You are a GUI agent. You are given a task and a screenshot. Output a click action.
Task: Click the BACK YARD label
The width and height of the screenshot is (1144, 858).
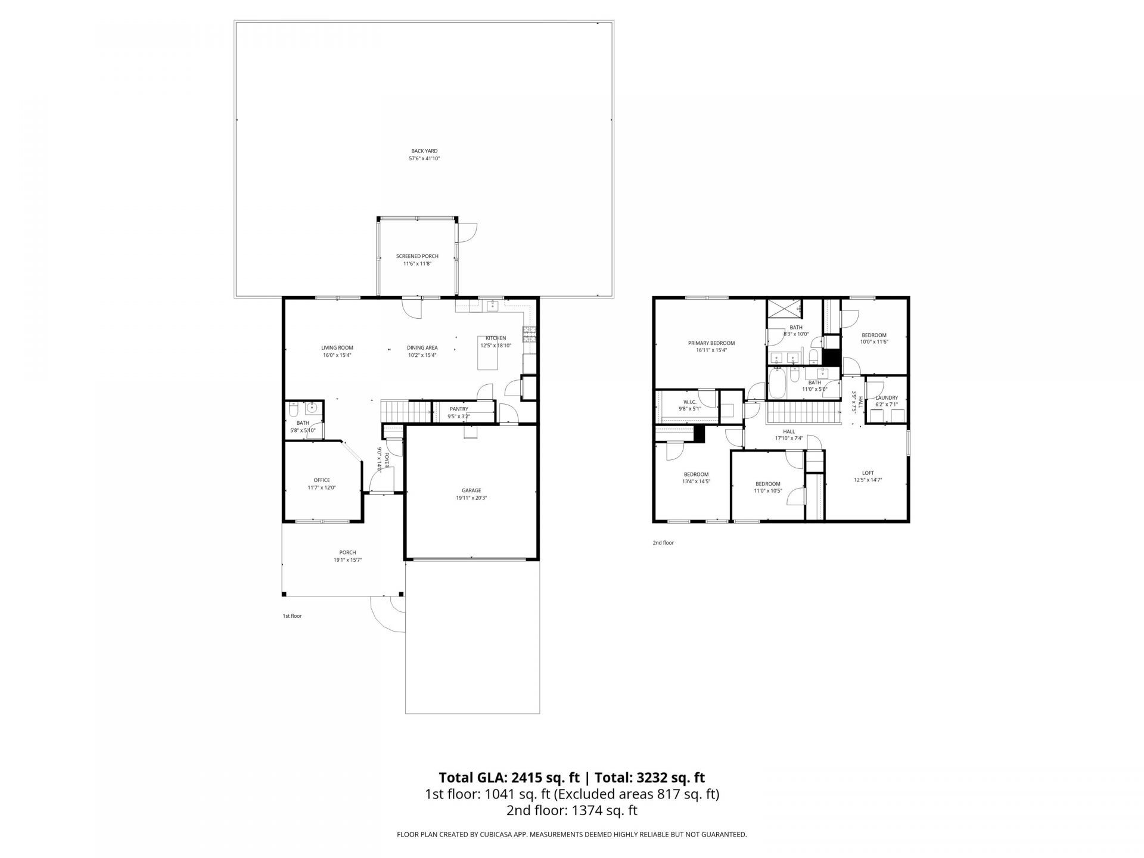tap(424, 151)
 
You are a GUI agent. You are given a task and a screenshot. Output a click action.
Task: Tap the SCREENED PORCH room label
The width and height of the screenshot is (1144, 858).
tap(417, 256)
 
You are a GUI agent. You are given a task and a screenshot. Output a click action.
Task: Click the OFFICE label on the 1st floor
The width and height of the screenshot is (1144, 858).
tap(322, 480)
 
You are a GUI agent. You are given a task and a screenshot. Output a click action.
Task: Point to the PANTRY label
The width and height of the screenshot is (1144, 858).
tap(459, 409)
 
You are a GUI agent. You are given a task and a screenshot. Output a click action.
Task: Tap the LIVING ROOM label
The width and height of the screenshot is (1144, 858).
tap(337, 348)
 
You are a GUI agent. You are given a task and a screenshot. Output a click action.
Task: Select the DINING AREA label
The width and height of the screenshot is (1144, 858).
tap(422, 348)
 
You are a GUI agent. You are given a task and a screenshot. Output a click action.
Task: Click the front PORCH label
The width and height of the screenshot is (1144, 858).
tap(347, 552)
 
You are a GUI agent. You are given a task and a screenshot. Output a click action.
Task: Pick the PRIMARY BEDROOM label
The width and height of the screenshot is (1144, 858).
tap(711, 343)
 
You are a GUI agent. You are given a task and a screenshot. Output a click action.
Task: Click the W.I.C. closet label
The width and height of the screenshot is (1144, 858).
tap(690, 402)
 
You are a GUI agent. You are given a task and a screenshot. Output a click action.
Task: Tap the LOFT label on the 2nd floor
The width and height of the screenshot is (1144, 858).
tap(868, 473)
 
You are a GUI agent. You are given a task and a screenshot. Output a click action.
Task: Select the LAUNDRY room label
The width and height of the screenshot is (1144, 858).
tap(886, 398)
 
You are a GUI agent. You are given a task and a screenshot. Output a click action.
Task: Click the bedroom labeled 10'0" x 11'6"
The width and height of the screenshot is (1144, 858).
tap(874, 335)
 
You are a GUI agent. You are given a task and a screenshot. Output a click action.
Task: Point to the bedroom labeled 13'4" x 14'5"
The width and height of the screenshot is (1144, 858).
tap(696, 474)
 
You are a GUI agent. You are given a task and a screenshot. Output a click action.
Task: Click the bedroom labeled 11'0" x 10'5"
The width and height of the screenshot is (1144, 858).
tap(768, 484)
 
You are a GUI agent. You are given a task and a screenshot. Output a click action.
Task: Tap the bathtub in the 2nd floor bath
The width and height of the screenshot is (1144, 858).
tap(776, 385)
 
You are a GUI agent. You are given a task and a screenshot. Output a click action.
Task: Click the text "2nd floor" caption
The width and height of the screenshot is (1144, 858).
tap(663, 543)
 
